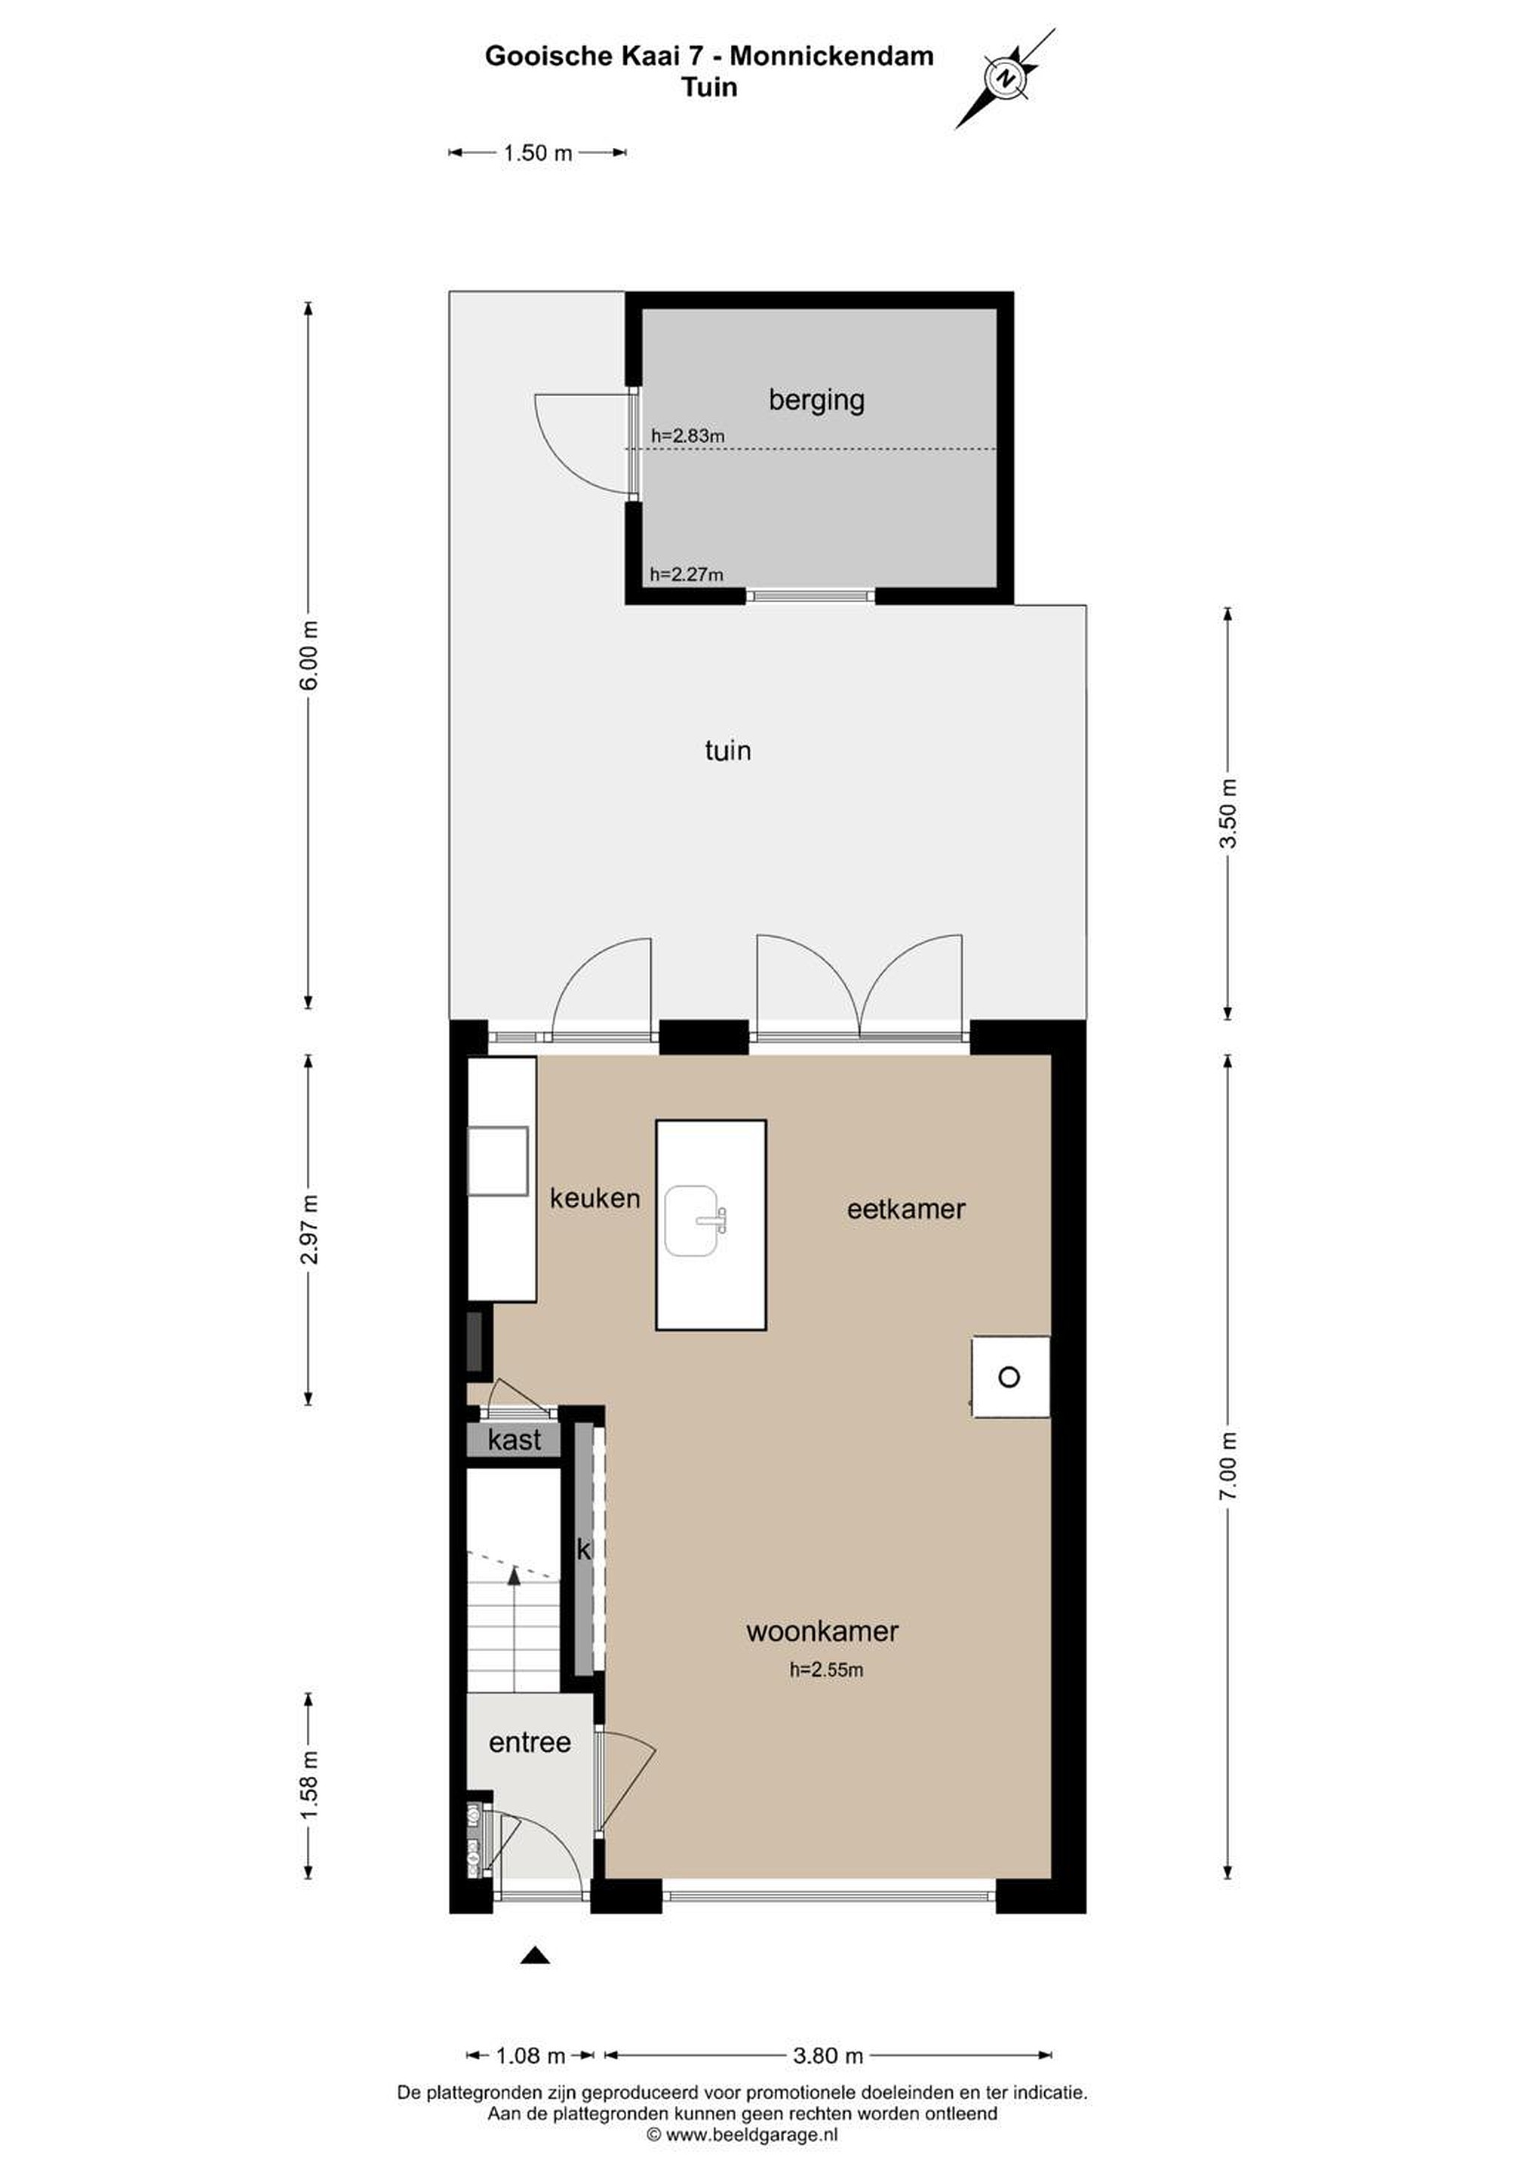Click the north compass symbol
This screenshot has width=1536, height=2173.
click(1005, 77)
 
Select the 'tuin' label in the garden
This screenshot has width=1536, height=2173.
click(728, 751)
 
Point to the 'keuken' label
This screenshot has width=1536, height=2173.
click(594, 1198)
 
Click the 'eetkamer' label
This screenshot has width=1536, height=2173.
click(906, 1209)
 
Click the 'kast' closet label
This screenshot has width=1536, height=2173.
click(515, 1440)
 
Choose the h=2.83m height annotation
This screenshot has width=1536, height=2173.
click(688, 436)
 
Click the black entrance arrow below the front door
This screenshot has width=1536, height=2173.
click(536, 1955)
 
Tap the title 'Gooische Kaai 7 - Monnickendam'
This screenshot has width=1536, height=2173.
click(709, 56)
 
